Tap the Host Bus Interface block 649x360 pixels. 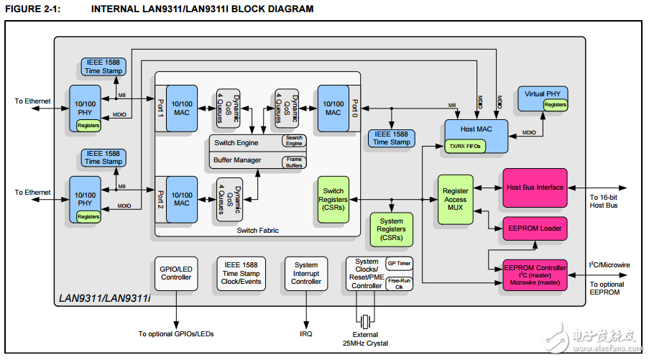point(535,188)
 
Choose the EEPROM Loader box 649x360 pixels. point(535,228)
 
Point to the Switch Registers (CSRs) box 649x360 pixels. point(333,199)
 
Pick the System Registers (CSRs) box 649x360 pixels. point(391,229)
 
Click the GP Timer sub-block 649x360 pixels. point(399,264)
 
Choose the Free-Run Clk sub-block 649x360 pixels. point(399,283)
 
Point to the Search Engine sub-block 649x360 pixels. point(294,141)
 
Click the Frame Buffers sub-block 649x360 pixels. point(294,162)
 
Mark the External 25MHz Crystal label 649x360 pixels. point(367,339)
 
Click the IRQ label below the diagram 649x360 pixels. point(307,333)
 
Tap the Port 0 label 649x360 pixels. point(354,107)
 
